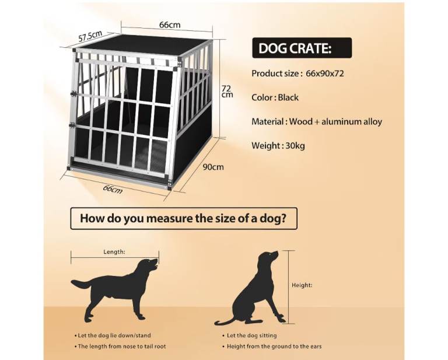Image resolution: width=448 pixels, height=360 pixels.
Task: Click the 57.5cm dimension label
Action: [x=90, y=36]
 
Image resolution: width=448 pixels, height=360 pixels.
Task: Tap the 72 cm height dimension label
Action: [x=227, y=92]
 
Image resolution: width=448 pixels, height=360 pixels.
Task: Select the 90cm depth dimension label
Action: [x=213, y=167]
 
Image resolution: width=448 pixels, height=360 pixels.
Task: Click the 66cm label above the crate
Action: [x=170, y=25]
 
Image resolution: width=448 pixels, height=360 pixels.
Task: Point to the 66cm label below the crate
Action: [x=113, y=189]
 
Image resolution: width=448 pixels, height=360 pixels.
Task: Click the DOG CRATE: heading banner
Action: [x=302, y=48]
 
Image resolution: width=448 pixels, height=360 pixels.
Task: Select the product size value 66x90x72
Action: [x=325, y=74]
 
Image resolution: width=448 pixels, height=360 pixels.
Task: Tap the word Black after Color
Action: [x=288, y=97]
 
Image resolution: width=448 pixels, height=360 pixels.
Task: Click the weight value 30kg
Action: [x=295, y=146]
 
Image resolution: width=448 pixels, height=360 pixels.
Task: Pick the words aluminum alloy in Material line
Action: [x=352, y=122]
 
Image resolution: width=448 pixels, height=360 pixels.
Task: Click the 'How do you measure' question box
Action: [x=184, y=219]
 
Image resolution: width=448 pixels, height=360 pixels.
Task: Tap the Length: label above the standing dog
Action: [x=114, y=251]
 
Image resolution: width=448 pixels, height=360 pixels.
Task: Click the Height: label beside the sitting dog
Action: [x=302, y=285]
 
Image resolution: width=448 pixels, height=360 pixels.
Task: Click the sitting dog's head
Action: [x=268, y=257]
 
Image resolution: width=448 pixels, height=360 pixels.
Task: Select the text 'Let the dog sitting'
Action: [x=252, y=335]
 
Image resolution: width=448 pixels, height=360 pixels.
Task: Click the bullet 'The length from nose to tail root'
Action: [x=120, y=347]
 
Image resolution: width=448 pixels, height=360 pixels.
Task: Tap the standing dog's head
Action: [x=149, y=264]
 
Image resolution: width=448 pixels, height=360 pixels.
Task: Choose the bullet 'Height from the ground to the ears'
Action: [x=272, y=347]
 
